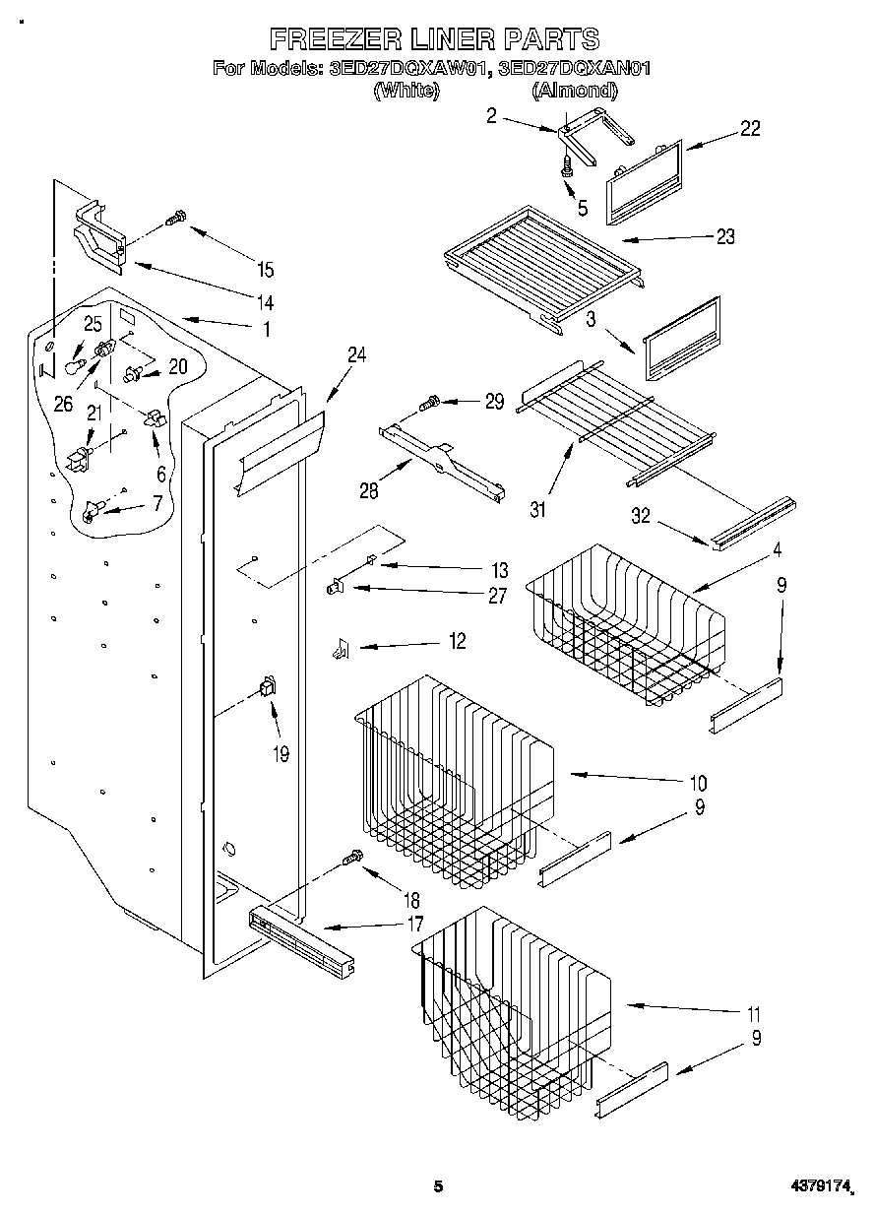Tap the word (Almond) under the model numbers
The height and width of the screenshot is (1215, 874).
(x=575, y=91)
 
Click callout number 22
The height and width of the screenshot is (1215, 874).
(x=750, y=129)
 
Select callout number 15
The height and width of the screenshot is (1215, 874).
(x=264, y=270)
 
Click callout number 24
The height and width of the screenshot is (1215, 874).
(x=356, y=356)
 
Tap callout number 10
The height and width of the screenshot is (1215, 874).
(x=698, y=784)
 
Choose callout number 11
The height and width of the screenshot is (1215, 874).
(x=754, y=1013)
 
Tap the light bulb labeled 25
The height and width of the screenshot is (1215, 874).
(x=73, y=366)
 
